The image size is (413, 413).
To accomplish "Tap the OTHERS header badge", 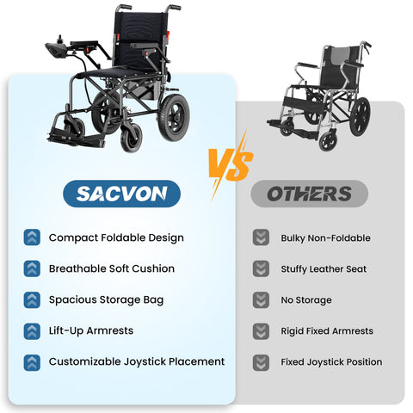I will [x=309, y=194].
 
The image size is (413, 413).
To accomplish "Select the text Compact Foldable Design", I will [x=116, y=237].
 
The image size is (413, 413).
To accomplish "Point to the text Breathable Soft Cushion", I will [x=112, y=268].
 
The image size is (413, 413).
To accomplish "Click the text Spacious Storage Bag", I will [x=106, y=299].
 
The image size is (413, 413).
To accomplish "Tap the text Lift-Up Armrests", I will [x=91, y=330].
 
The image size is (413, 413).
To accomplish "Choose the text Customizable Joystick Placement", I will [x=137, y=361].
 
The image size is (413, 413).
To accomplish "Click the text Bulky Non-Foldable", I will [x=325, y=238].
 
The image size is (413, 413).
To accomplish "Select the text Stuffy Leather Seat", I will [x=324, y=269].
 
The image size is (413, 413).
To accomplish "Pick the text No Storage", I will [x=306, y=300].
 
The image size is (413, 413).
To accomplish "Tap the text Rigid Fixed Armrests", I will [x=327, y=331].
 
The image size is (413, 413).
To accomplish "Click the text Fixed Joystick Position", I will [x=331, y=362].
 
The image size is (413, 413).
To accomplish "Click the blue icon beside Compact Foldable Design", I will [x=32, y=237].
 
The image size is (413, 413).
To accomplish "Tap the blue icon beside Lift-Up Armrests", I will [x=32, y=330].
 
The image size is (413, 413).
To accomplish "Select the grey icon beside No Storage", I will [x=261, y=300].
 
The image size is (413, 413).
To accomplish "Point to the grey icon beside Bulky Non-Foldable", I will [x=261, y=238].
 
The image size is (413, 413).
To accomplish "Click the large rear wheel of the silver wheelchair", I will [x=360, y=116].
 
